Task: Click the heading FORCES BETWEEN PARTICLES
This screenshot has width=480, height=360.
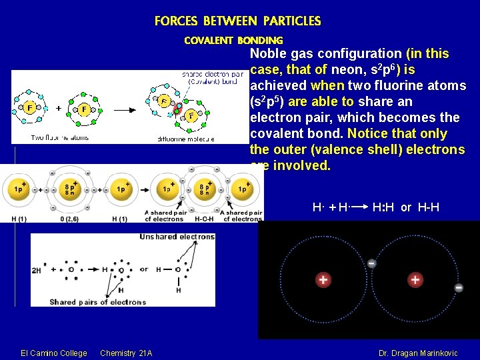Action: tap(237, 21)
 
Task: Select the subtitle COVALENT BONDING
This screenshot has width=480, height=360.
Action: tap(233, 41)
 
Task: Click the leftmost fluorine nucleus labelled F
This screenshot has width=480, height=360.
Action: tap(29, 106)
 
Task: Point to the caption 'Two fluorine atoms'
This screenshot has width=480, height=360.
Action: tap(60, 138)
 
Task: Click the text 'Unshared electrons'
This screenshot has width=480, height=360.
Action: tap(177, 237)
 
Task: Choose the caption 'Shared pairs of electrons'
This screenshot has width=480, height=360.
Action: tap(97, 302)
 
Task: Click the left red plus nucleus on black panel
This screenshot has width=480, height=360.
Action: tap(323, 280)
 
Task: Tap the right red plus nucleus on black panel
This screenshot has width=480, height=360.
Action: tap(415, 280)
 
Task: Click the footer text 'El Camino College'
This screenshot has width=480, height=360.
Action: tap(54, 353)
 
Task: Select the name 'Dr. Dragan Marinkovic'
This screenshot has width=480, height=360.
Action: tap(418, 353)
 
